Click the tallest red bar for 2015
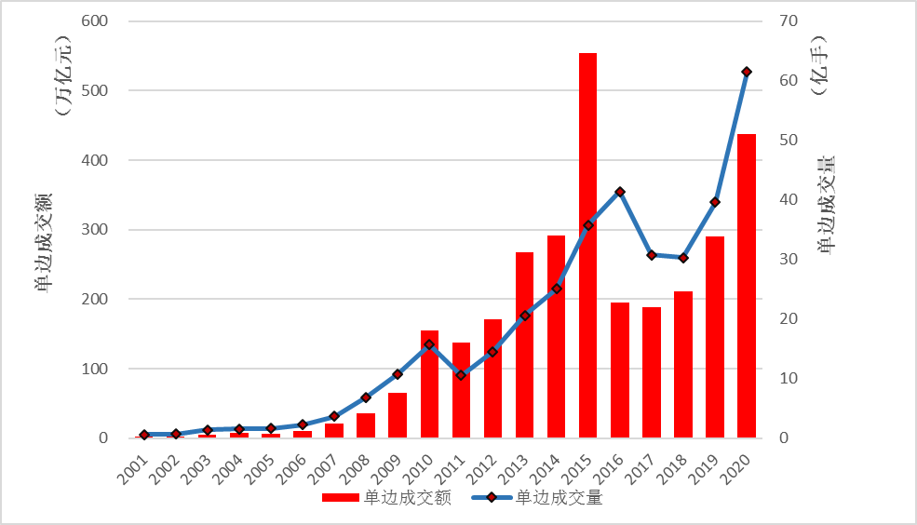[x=587, y=246]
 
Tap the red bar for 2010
[x=429, y=384]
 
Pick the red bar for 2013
[x=524, y=344]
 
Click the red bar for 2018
[x=683, y=364]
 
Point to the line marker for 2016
[x=620, y=192]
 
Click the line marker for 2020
[x=747, y=72]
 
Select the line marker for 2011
[x=461, y=375]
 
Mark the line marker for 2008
[x=366, y=397]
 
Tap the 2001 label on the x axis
[x=133, y=465]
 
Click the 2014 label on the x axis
[x=546, y=465]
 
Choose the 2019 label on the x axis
[x=705, y=465]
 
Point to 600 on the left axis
[x=96, y=21]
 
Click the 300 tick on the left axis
[x=96, y=230]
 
